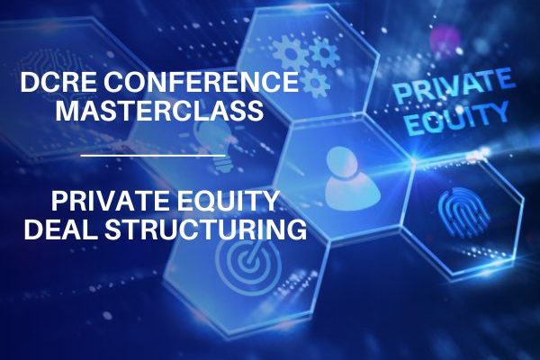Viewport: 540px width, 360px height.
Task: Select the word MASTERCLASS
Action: click(160, 111)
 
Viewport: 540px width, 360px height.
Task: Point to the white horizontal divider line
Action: click(153, 156)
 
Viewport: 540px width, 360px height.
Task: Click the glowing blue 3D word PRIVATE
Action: click(454, 85)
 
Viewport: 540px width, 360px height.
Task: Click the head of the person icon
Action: click(342, 162)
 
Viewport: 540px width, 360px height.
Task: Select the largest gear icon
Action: click(290, 53)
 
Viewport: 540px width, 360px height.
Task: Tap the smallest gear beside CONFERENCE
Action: click(314, 84)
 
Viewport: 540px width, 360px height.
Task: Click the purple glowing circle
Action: click(445, 39)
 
